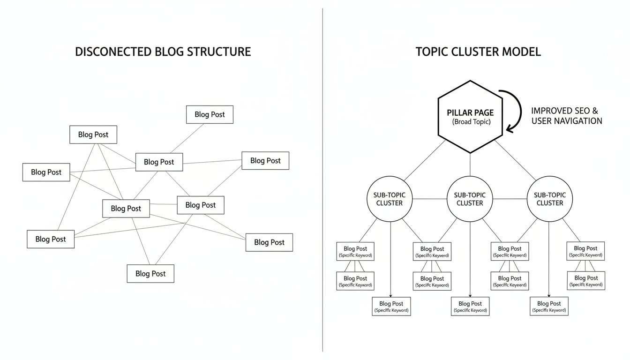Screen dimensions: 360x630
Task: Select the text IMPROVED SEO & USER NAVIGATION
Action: pyautogui.click(x=566, y=116)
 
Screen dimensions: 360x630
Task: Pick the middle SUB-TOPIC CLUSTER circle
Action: pyautogui.click(x=470, y=199)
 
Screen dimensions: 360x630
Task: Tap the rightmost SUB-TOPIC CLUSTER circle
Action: pyautogui.click(x=549, y=199)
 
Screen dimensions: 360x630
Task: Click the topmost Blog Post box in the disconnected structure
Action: pyautogui.click(x=210, y=114)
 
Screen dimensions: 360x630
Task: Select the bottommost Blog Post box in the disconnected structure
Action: pyautogui.click(x=150, y=274)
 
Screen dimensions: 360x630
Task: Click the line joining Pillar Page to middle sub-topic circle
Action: pyautogui.click(x=470, y=165)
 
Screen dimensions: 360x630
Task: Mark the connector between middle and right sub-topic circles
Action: pyautogui.click(x=510, y=199)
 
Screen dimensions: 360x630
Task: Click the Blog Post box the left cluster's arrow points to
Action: pyautogui.click(x=391, y=307)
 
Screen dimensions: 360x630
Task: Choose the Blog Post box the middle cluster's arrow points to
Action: pyautogui.click(x=470, y=307)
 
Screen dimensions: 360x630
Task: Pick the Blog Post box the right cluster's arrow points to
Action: pyautogui.click(x=549, y=307)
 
